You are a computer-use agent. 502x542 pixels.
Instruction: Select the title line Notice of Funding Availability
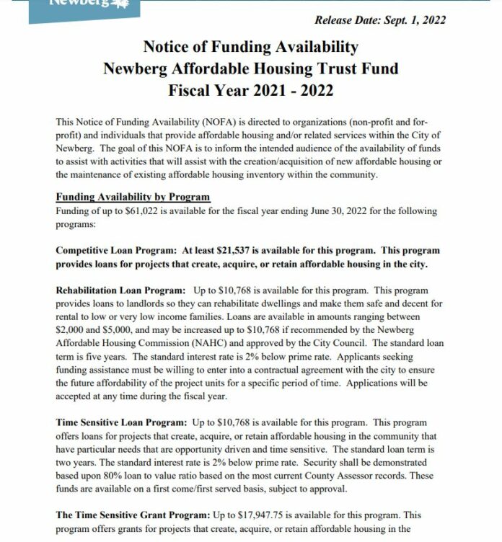[x=250, y=48]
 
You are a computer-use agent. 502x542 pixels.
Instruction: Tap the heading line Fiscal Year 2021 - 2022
[x=250, y=93]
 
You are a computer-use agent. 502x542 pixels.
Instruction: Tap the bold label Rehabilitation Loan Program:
[x=113, y=290]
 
